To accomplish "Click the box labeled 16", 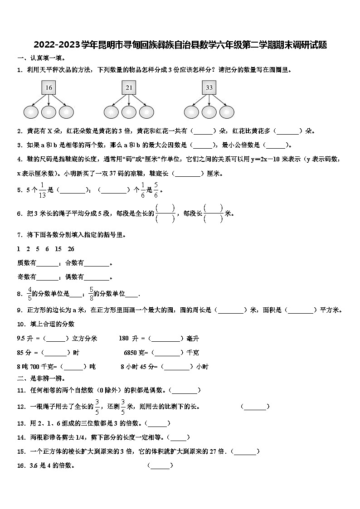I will click(x=49, y=87).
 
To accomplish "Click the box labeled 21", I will click(x=129, y=87).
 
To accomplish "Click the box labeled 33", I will click(x=209, y=87).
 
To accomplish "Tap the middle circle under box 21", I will click(x=129, y=111).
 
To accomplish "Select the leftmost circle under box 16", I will click(x=31, y=111).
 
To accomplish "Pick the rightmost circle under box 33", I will click(x=226, y=111).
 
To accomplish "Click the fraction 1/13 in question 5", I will click(x=43, y=190).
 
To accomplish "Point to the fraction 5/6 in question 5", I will click(x=156, y=190).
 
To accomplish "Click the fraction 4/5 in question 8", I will click(x=30, y=294).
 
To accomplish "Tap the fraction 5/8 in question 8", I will click(x=91, y=294).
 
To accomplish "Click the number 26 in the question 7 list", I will click(x=71, y=249).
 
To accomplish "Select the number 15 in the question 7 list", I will click(x=58, y=249).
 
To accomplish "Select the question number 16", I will click(x=21, y=465).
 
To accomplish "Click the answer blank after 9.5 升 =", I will click(x=57, y=339).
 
